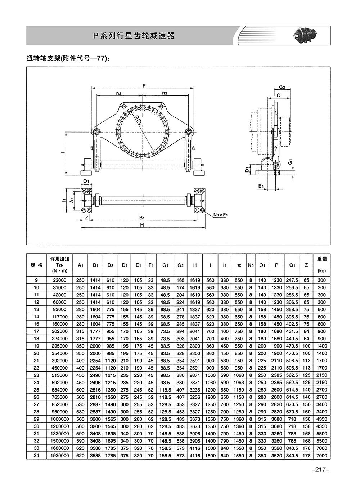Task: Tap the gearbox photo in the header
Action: coord(306,35)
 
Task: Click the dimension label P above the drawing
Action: coord(144,86)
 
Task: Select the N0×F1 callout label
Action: coord(221,215)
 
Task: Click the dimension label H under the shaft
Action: coord(142,225)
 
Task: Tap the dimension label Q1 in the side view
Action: coord(280,95)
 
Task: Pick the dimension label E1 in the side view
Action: coord(261,186)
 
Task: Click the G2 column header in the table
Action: coord(180,265)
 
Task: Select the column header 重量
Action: coord(322,259)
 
